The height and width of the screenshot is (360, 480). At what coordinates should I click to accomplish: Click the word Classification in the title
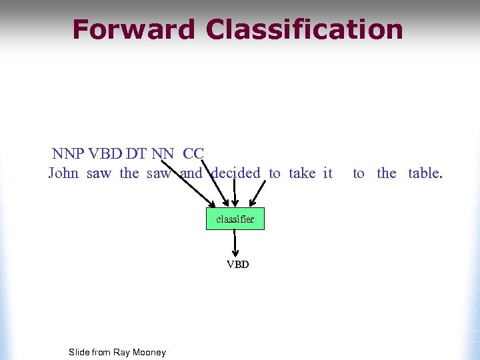tap(305, 30)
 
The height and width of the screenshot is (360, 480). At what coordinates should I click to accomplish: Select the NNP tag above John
tap(68, 154)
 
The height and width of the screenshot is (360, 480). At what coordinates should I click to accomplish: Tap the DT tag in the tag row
tap(136, 154)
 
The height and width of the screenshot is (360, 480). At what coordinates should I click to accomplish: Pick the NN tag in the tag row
tap(163, 154)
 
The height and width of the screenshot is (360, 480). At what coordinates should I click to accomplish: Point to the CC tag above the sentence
tap(193, 154)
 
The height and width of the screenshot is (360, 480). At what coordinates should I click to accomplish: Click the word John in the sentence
tap(63, 173)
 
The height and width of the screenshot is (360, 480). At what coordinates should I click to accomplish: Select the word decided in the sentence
tap(235, 173)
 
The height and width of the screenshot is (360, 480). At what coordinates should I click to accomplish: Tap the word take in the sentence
tap(302, 173)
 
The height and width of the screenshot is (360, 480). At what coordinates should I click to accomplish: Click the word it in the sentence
tap(327, 173)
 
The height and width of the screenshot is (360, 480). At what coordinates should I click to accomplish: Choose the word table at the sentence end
tap(425, 173)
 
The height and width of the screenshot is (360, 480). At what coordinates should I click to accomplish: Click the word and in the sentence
tap(191, 173)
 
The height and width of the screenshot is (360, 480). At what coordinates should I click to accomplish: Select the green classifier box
tap(235, 219)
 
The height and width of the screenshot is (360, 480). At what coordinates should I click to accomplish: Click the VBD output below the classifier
tap(237, 265)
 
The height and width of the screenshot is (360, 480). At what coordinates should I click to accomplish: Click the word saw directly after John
tap(99, 173)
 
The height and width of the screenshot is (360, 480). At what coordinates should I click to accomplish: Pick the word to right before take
tap(275, 173)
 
